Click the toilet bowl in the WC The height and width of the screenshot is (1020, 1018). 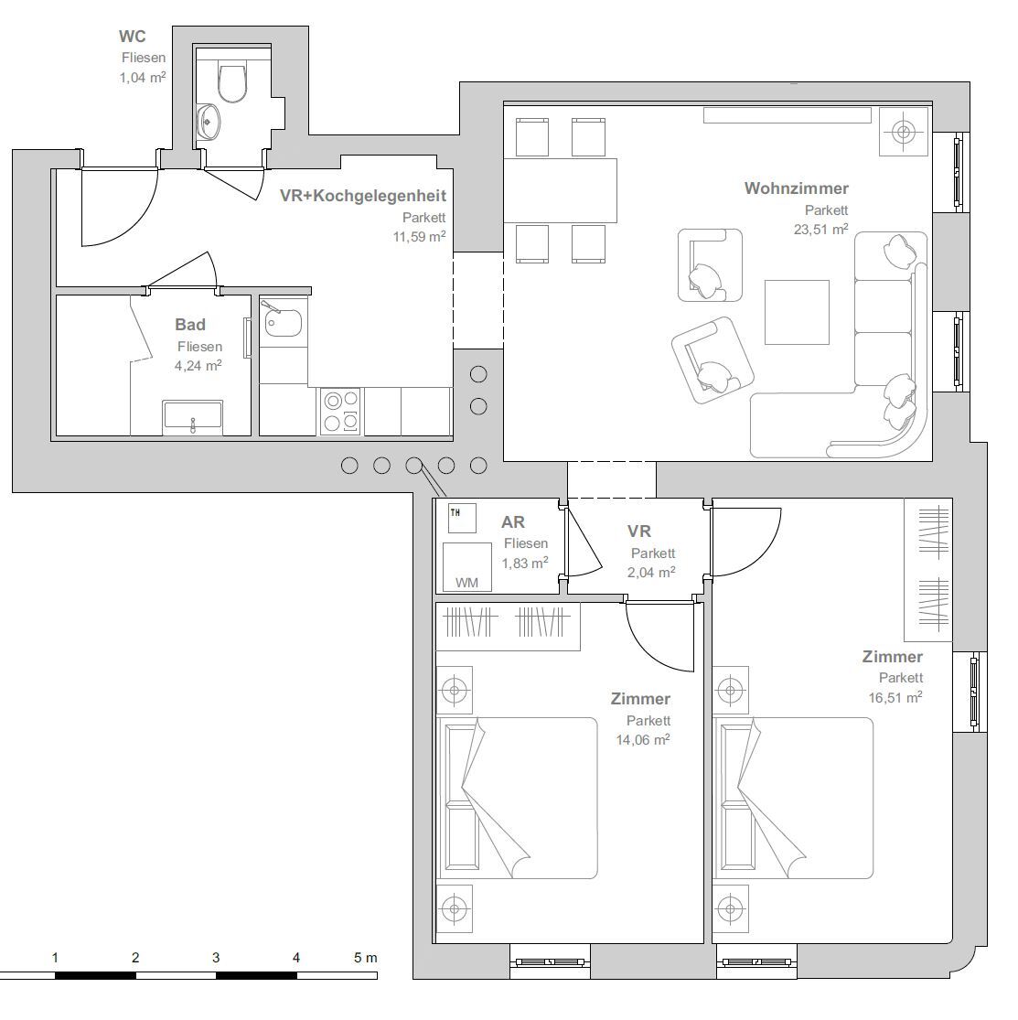232,82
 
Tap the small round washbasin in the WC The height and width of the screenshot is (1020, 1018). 209,121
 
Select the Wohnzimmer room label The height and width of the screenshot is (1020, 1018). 796,188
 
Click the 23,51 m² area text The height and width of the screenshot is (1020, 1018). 821,229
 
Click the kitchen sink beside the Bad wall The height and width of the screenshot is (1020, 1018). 283,321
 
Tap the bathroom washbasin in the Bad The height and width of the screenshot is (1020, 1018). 193,416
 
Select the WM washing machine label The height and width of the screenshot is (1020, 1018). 466,583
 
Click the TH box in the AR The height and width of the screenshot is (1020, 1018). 462,518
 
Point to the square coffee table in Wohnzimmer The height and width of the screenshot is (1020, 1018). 797,312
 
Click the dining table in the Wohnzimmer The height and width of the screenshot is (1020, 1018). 560,190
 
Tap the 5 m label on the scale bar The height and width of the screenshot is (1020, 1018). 366,958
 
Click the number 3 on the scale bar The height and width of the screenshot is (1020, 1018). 216,958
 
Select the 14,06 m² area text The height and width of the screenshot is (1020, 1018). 643,740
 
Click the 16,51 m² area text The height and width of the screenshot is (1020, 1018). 895,697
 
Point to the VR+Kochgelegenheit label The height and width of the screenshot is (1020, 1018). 363,196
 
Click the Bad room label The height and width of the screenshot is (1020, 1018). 190,325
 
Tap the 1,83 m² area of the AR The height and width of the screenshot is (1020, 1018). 525,564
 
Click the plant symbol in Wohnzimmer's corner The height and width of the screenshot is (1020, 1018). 904,132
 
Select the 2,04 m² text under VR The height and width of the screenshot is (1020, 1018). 651,573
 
